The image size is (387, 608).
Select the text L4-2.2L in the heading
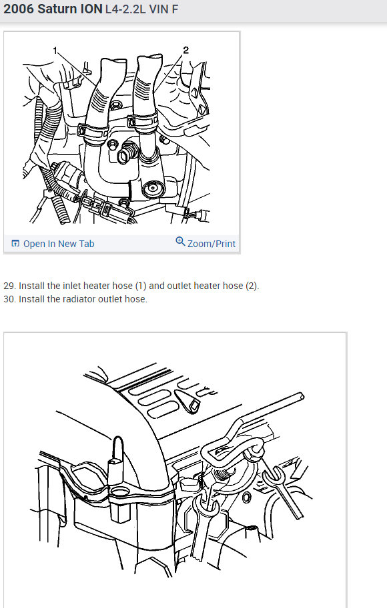127,11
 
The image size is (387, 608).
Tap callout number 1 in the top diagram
56,49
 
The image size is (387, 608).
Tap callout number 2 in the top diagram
186,49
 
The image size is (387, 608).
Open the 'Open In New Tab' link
59,244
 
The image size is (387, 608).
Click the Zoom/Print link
211,244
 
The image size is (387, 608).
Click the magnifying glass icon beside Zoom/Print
180,242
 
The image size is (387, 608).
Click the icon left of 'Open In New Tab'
15,244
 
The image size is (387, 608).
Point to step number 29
9,286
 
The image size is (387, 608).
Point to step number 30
9,299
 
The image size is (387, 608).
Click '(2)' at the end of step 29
251,286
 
